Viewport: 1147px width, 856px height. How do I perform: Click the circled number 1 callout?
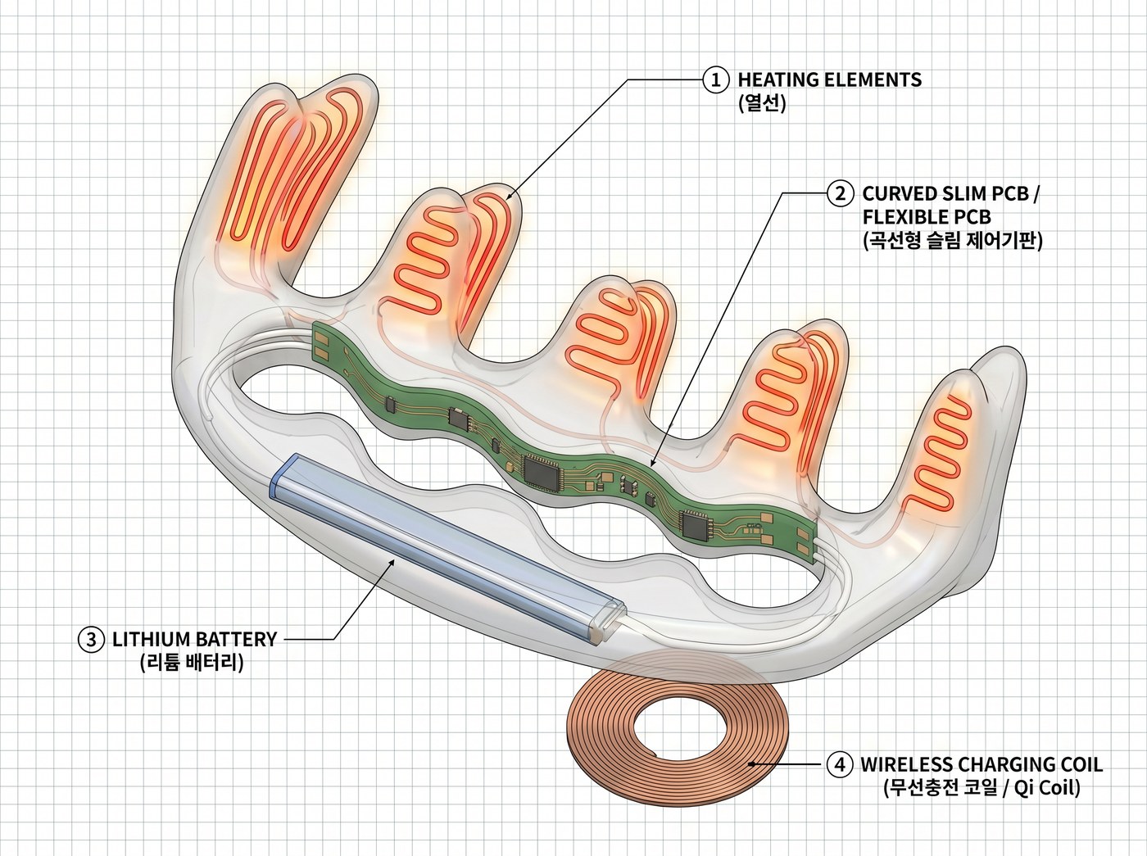[x=716, y=80]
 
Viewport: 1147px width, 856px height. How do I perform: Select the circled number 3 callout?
[x=92, y=639]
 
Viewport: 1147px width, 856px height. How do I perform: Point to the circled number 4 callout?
[x=840, y=764]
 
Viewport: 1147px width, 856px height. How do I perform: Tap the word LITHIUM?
[x=151, y=639]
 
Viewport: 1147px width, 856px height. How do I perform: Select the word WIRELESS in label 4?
[x=907, y=764]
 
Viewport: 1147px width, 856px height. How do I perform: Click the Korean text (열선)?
[x=762, y=103]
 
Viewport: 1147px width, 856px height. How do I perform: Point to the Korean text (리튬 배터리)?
[x=192, y=663]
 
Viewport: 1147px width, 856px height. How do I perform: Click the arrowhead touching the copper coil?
[x=752, y=764]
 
